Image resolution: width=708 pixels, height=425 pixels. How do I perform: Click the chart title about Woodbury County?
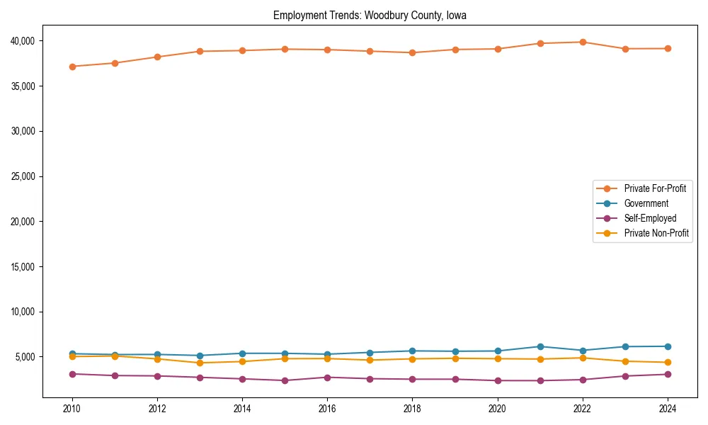pos(370,15)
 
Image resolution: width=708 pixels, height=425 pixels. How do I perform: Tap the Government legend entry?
pos(646,203)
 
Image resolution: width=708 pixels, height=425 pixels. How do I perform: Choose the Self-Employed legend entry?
pos(650,218)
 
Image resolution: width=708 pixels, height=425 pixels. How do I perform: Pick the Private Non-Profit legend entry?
pos(656,233)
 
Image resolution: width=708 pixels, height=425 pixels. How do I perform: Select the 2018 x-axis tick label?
pos(413,409)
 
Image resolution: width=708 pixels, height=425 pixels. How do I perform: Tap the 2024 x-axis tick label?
pos(668,409)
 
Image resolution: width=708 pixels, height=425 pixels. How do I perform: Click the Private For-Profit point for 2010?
pos(72,67)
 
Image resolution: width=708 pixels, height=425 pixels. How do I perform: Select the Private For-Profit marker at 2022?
pos(583,42)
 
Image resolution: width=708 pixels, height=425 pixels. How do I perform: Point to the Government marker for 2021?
pos(540,346)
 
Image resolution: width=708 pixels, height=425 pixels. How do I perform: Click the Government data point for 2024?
pos(668,346)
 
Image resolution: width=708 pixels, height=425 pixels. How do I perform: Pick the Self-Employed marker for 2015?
pos(285,380)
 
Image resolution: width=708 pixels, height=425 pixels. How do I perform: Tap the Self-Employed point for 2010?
pos(72,374)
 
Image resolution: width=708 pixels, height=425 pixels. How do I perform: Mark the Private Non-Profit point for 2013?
pos(200,363)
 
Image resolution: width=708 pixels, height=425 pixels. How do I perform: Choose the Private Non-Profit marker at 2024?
pos(668,363)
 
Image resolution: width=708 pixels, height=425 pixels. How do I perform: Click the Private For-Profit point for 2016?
pos(327,50)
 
